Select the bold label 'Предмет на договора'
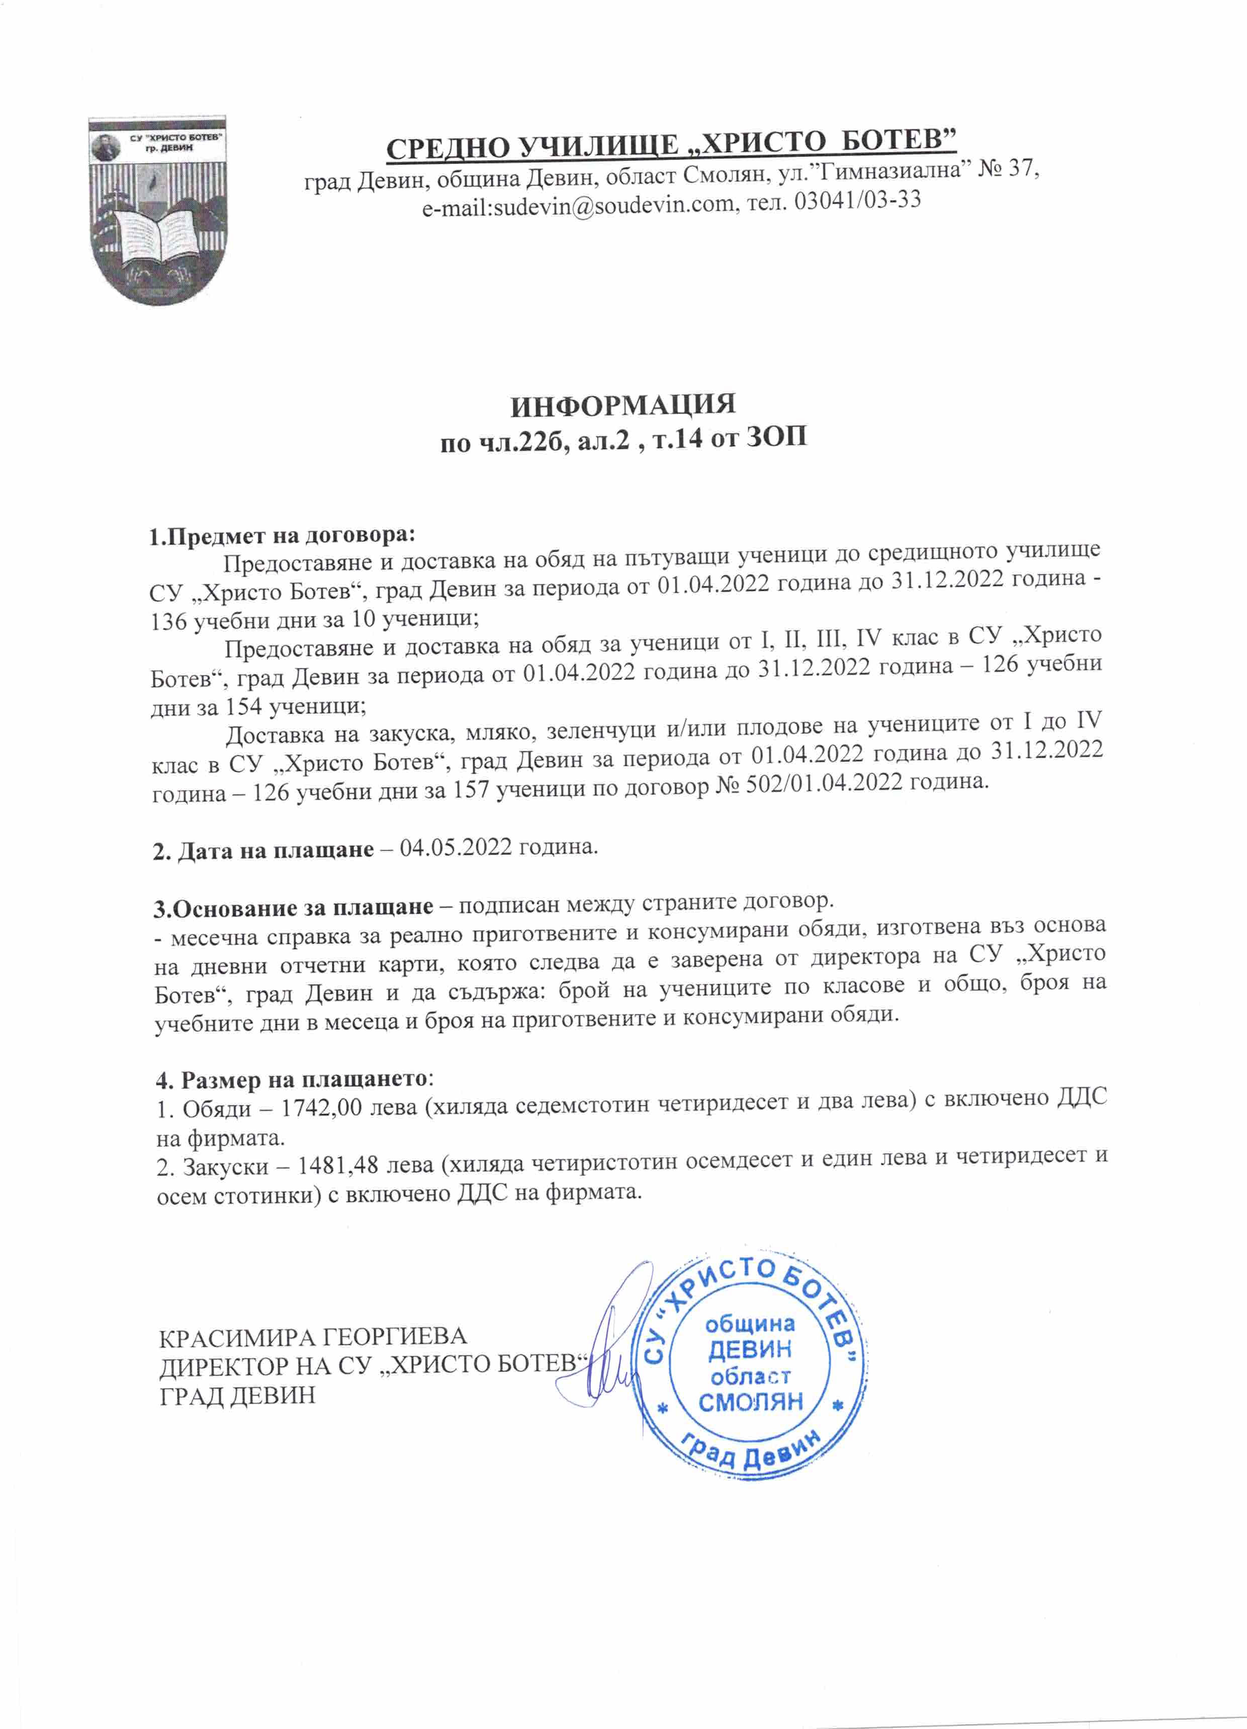(290, 535)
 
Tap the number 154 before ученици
(242, 706)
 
